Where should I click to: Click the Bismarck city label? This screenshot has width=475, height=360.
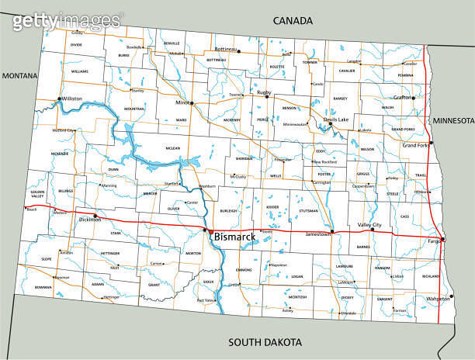click(237, 235)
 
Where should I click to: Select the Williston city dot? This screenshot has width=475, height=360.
click(59, 99)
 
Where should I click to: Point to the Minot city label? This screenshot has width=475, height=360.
click(182, 102)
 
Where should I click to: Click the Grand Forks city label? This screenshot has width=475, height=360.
click(415, 145)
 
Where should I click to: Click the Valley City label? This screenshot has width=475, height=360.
click(369, 225)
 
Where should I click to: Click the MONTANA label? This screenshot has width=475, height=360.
click(20, 75)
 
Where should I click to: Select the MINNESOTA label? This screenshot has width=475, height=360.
click(452, 121)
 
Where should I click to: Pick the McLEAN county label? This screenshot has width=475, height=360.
click(172, 147)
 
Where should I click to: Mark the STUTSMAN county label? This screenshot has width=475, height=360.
click(309, 210)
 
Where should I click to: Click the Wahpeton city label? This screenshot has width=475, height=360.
click(438, 299)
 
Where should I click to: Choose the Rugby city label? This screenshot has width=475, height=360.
click(264, 92)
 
